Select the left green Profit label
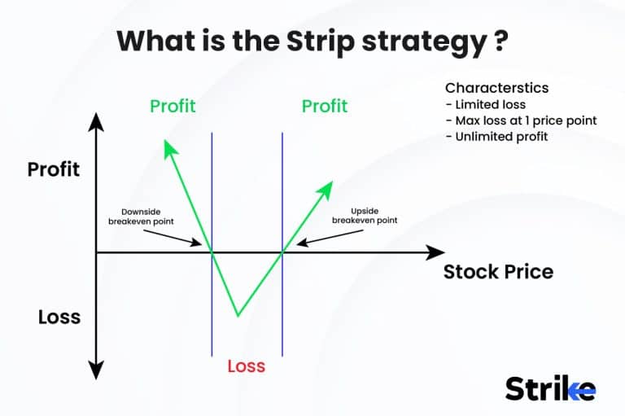173,107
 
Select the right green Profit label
325,107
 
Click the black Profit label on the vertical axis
54,169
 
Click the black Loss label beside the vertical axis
59,317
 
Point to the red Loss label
246,366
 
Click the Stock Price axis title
498,272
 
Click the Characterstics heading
496,88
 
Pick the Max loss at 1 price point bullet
521,120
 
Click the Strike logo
550,388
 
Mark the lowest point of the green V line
238,315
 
